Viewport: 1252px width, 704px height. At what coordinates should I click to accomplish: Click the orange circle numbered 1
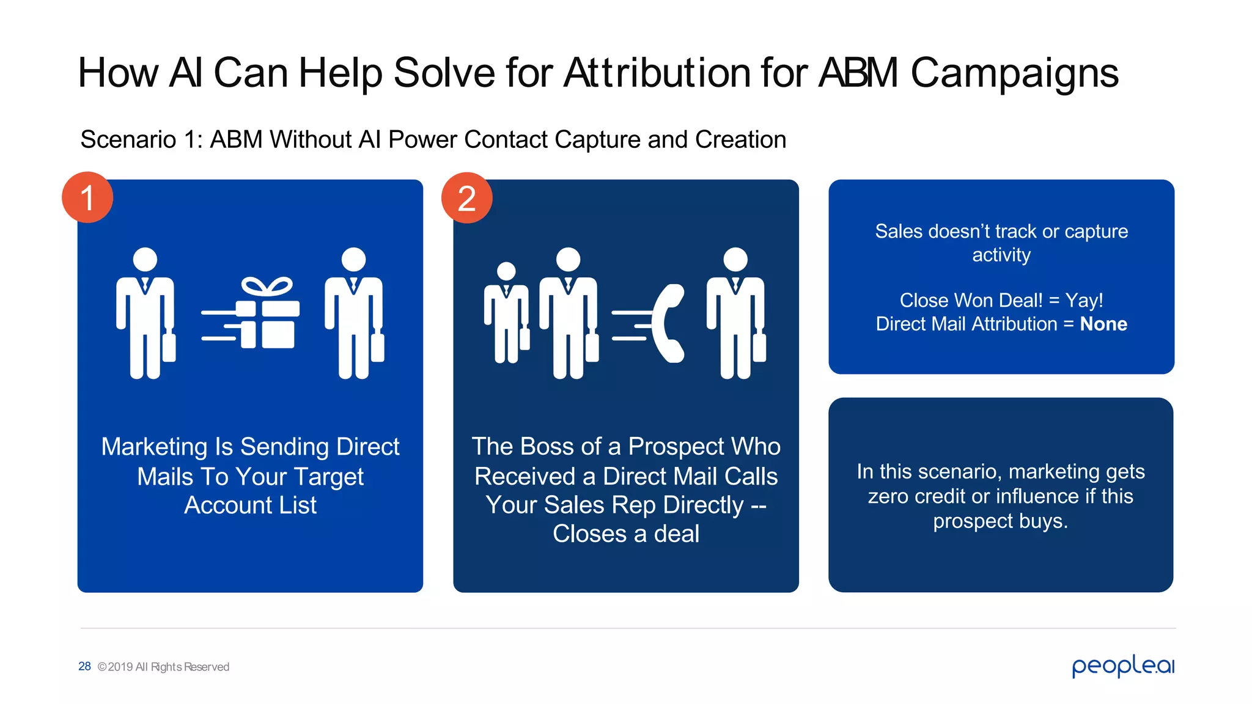(x=87, y=197)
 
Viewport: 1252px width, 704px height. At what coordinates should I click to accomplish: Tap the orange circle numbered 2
(x=467, y=198)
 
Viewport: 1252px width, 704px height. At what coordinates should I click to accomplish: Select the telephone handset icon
(x=668, y=323)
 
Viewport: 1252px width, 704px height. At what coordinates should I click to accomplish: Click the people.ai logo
(x=1123, y=665)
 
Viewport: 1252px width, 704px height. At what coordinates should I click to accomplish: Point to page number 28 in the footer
(x=84, y=666)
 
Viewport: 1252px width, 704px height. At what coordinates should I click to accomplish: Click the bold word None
(x=1103, y=324)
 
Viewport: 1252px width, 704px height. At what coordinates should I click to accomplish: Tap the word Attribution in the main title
(x=657, y=73)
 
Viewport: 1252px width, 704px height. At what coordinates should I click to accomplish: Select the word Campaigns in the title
(x=1015, y=73)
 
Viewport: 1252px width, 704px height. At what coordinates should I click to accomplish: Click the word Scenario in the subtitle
(x=128, y=140)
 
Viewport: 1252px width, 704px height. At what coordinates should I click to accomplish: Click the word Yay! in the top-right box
(x=1084, y=301)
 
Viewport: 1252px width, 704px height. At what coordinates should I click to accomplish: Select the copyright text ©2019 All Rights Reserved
(x=163, y=667)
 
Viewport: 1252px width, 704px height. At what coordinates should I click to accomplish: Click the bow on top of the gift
(x=267, y=286)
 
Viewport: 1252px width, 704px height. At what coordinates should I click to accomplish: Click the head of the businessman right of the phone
(x=735, y=260)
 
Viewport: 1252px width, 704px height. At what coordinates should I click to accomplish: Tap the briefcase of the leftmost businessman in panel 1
(x=169, y=347)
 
